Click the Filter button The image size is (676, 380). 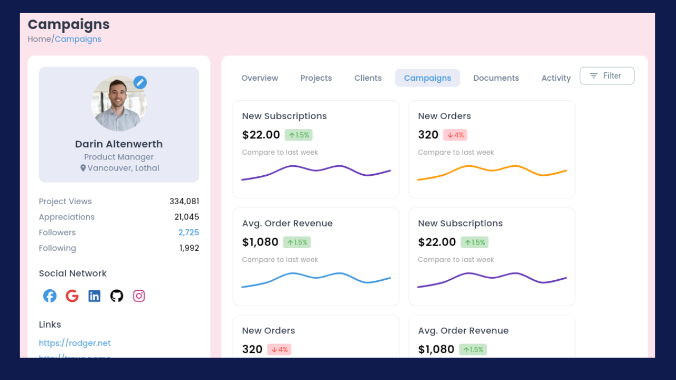(x=607, y=76)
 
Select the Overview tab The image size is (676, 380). (x=260, y=78)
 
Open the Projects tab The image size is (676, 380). (x=316, y=78)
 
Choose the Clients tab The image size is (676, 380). (x=368, y=78)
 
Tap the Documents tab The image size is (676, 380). (x=496, y=78)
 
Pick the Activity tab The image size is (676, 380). (x=556, y=78)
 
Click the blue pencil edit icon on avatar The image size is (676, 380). (x=140, y=82)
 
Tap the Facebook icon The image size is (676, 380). (x=50, y=296)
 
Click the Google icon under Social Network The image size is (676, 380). (x=72, y=296)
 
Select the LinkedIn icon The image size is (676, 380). (x=95, y=296)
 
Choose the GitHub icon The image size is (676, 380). (x=117, y=296)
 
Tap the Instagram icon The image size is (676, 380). (x=139, y=296)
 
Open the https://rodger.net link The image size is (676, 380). (x=74, y=343)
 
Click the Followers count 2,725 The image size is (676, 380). (x=189, y=233)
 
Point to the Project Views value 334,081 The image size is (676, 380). (x=184, y=202)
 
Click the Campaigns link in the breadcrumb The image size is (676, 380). (x=78, y=39)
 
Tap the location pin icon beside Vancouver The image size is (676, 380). (x=83, y=168)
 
